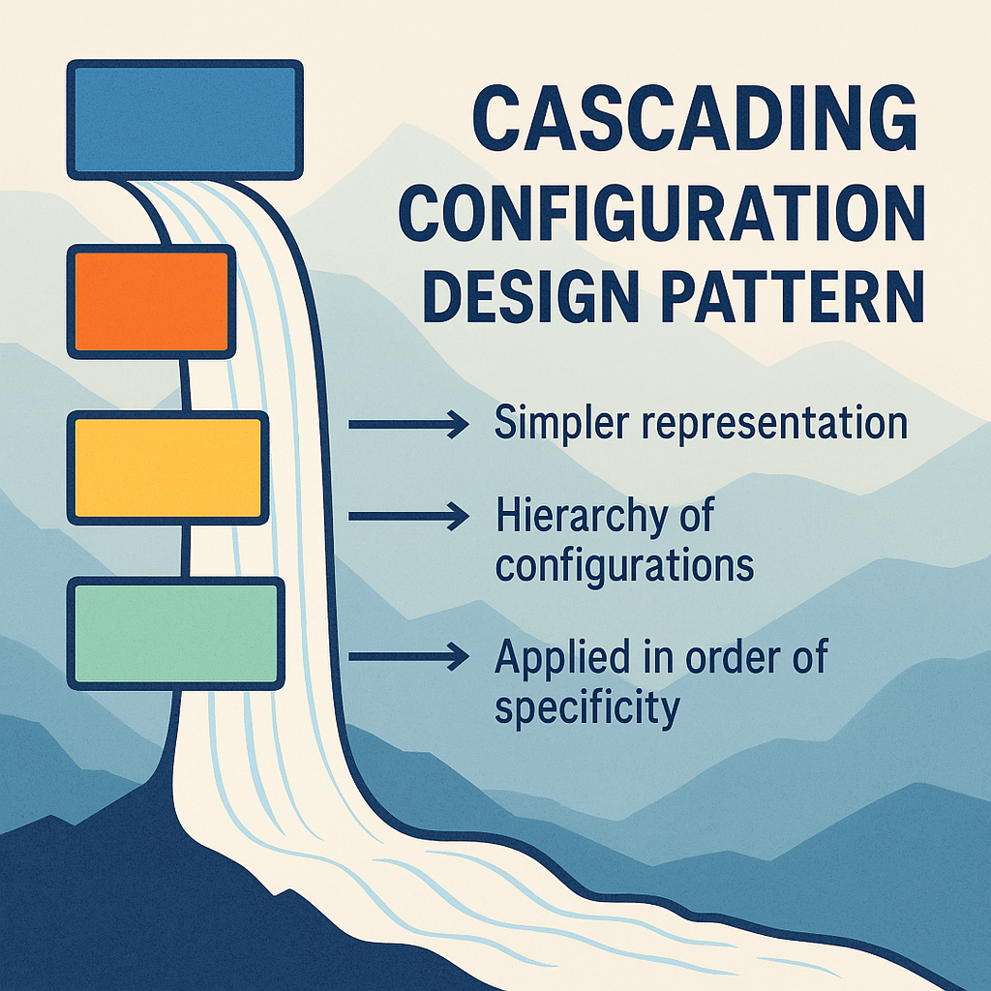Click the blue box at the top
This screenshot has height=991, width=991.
185,118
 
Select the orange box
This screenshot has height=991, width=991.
151,301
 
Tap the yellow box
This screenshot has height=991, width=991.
167,467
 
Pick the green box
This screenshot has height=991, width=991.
175,633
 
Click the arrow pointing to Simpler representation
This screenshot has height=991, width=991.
407,424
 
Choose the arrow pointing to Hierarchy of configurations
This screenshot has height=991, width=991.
407,518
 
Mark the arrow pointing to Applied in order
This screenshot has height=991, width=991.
407,657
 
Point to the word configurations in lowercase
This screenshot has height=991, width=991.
624,564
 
